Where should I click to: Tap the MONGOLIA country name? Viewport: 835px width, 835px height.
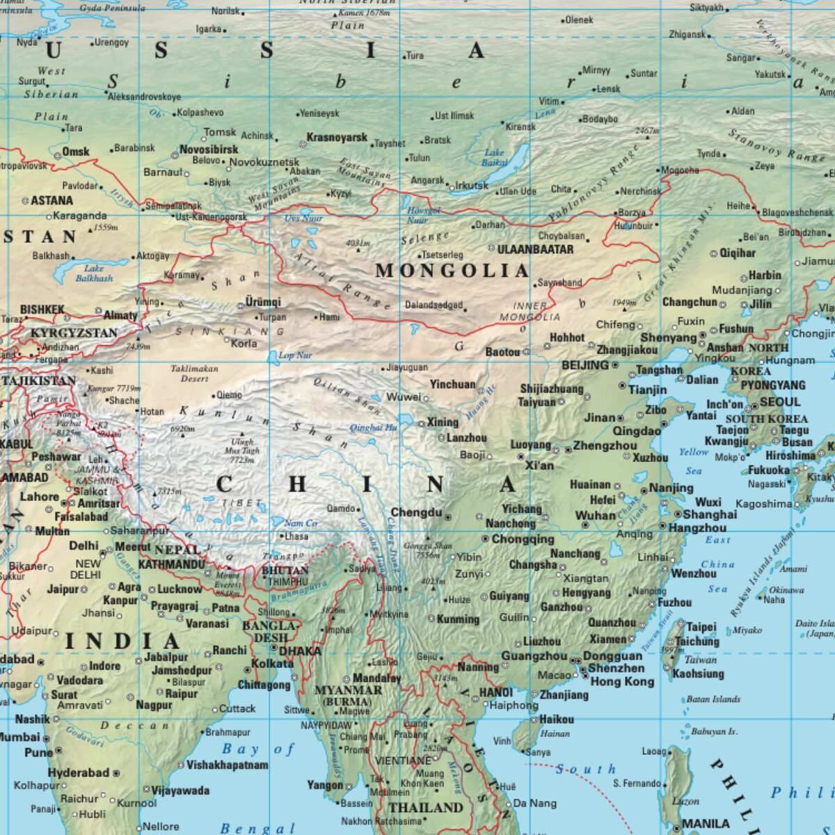452,271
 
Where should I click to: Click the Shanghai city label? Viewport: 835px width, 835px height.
710,514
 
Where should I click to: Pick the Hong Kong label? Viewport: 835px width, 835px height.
622,681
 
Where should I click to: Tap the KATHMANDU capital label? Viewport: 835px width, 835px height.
171,564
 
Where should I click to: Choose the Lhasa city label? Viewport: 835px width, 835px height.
296,536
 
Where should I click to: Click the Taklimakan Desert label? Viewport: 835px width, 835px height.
194,374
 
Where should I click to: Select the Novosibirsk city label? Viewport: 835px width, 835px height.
209,149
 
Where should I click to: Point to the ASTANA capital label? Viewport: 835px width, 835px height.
52,200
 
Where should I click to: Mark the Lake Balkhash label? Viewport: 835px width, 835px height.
94,273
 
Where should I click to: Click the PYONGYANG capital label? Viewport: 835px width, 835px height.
772,385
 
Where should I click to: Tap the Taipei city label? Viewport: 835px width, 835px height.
701,627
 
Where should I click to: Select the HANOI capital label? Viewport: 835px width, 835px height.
495,692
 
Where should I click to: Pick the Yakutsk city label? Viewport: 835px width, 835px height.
770,74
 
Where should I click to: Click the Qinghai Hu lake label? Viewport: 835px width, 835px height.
373,428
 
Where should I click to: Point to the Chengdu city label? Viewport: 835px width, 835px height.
416,513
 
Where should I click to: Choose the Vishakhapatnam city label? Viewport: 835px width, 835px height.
227,765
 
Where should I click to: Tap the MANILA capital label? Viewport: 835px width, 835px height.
706,823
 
